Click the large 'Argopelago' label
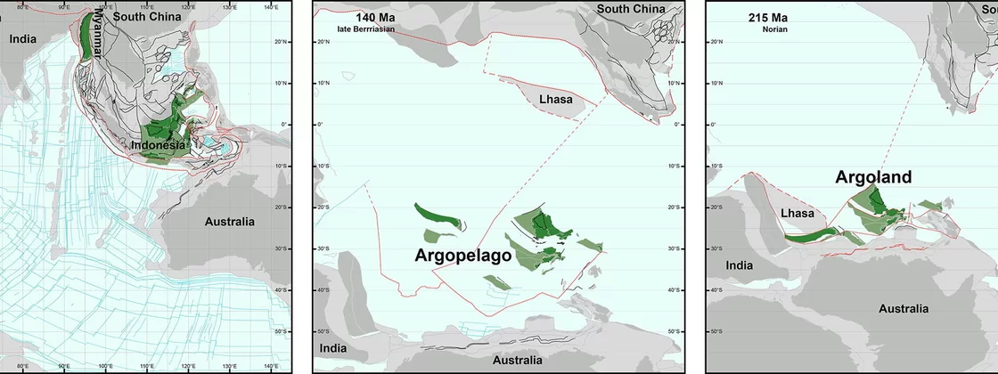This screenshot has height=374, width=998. pos(462,255)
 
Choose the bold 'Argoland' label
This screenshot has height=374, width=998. pos(873,177)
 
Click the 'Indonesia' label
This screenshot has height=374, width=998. pos(159,145)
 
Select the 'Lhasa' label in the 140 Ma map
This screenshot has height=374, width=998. pos(555,99)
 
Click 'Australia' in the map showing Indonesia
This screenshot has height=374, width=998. pos(229,222)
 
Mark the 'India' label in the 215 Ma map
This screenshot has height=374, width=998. pos(739,265)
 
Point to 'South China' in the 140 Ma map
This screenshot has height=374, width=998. pos(631,9)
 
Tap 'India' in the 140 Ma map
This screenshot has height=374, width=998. pos(333,347)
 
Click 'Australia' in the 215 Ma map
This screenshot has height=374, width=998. pos(904,309)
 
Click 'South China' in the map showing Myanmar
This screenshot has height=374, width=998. pos(147,16)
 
